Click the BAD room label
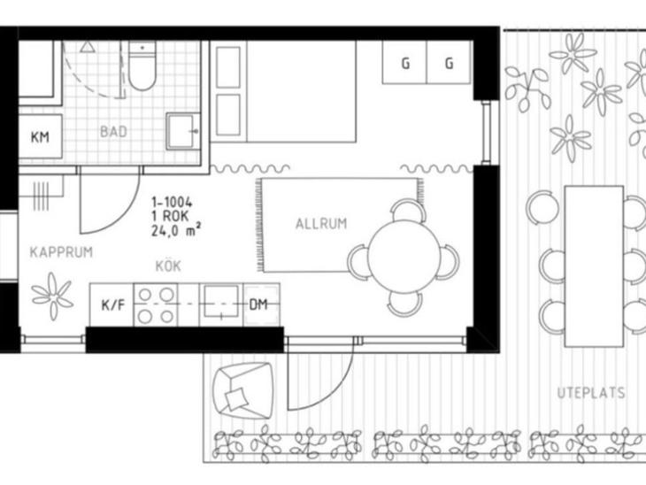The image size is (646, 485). (x=113, y=132)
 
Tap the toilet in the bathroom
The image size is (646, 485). (x=142, y=65)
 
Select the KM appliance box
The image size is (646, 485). (x=40, y=137)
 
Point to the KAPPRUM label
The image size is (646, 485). (x=61, y=252)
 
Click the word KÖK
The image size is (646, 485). (x=168, y=266)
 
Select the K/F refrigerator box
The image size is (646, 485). (x=112, y=305)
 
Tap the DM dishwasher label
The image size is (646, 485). (x=258, y=305)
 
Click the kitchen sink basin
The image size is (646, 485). (x=221, y=302)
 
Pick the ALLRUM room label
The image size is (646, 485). (x=321, y=224)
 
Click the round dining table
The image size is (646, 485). (x=404, y=257)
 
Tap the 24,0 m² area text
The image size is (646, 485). (x=176, y=230)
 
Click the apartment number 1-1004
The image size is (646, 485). (x=172, y=203)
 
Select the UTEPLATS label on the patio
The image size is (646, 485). (x=591, y=393)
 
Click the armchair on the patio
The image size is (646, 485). (x=242, y=390)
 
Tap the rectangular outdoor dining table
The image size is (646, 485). (x=594, y=266)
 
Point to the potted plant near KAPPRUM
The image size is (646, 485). (x=52, y=296)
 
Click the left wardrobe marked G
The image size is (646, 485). (x=404, y=62)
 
